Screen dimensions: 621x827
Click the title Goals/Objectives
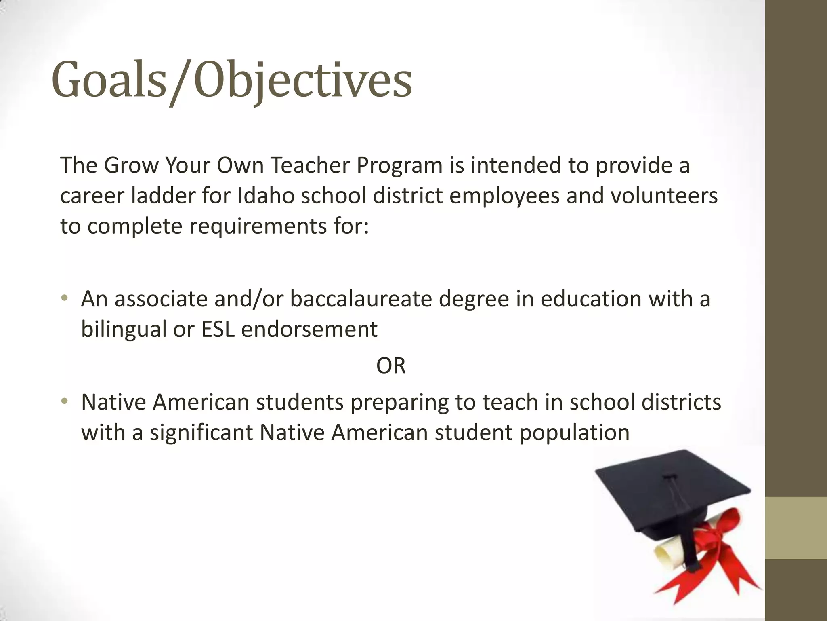coord(232,80)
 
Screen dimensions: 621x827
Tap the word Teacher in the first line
coord(310,166)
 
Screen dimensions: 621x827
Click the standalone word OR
coord(390,366)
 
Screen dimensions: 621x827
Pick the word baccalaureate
coord(361,299)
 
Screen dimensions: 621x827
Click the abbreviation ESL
coord(218,329)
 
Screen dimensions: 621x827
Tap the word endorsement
coord(309,329)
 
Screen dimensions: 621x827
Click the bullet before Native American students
coord(64,402)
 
